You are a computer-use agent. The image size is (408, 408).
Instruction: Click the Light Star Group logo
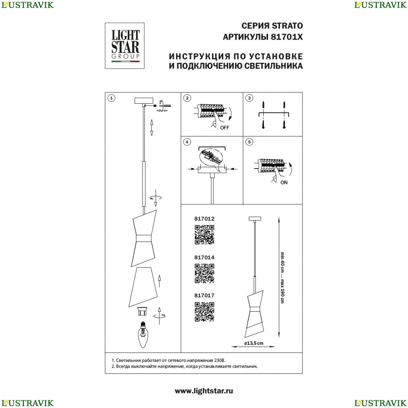point(124,46)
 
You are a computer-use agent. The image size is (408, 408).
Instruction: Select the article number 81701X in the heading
point(287,37)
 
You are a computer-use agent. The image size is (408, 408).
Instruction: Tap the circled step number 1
point(111,98)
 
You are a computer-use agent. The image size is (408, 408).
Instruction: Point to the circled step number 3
point(249,98)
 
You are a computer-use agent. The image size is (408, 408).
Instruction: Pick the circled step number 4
point(187,142)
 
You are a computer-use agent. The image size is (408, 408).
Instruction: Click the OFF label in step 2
point(224,128)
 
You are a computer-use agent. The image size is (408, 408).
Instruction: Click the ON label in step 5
point(284,183)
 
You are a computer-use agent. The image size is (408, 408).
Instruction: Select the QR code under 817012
point(204,235)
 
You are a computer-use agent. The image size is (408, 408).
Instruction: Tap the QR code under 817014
point(204,273)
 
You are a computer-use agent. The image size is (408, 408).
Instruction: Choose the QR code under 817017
point(204,312)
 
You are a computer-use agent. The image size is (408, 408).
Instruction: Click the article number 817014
point(204,257)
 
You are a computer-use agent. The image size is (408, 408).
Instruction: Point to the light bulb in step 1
point(142,335)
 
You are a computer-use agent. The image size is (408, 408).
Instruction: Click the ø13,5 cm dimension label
point(254,343)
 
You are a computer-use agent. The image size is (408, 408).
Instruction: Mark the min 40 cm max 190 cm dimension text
point(282,277)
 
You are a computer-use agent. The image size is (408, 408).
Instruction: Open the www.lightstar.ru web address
point(204,391)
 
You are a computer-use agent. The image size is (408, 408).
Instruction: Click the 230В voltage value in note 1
point(220,361)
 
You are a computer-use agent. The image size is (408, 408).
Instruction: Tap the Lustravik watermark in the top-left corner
point(27,5)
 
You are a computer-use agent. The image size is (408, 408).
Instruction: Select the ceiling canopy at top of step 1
point(144,101)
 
